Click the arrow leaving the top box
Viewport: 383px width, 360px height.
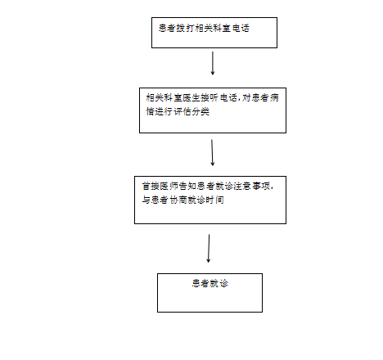(213, 63)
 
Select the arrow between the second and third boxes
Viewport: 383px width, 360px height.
(212, 153)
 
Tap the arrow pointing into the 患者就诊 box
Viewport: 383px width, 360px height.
(209, 248)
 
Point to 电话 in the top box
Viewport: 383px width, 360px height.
(241, 28)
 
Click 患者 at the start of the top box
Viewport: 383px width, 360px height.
(167, 28)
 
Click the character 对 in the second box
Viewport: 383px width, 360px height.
(246, 97)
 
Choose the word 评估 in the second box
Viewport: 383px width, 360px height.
(182, 111)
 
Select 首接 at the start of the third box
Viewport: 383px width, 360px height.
(151, 186)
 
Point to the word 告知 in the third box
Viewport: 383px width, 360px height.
(187, 186)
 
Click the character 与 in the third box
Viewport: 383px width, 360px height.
(146, 200)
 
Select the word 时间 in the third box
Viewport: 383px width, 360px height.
(215, 200)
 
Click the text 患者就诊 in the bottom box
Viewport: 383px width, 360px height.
(210, 283)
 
